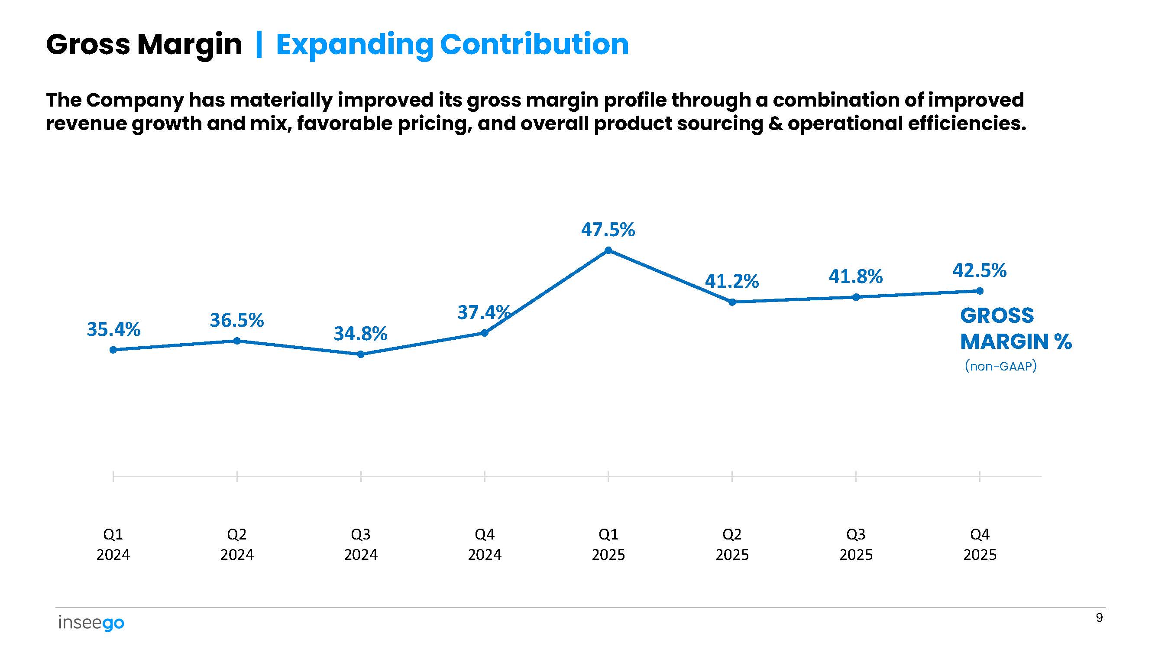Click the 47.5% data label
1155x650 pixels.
pyautogui.click(x=608, y=230)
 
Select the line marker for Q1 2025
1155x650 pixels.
pyautogui.click(x=608, y=250)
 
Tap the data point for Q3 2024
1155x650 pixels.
pyautogui.click(x=361, y=354)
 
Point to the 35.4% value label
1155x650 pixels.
pyautogui.click(x=113, y=329)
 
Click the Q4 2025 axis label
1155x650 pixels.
pyautogui.click(x=980, y=544)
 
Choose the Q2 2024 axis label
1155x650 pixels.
pyautogui.click(x=237, y=544)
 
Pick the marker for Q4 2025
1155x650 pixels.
pyautogui.click(x=980, y=291)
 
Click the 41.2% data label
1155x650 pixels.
pyautogui.click(x=732, y=281)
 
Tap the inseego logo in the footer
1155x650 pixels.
pyautogui.click(x=91, y=623)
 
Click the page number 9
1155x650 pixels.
pyautogui.click(x=1099, y=617)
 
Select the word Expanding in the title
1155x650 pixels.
pyautogui.click(x=354, y=45)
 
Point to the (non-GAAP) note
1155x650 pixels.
pyautogui.click(x=1001, y=366)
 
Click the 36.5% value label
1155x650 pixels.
pyautogui.click(x=237, y=320)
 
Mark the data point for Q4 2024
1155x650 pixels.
pyautogui.click(x=485, y=333)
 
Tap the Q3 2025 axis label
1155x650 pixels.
pyautogui.click(x=856, y=544)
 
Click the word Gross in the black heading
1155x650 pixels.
pyautogui.click(x=88, y=45)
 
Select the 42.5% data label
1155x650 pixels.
pyautogui.click(x=980, y=270)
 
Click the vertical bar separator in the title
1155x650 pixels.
pyautogui.click(x=259, y=45)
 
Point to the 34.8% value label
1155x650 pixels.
pyautogui.click(x=360, y=334)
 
